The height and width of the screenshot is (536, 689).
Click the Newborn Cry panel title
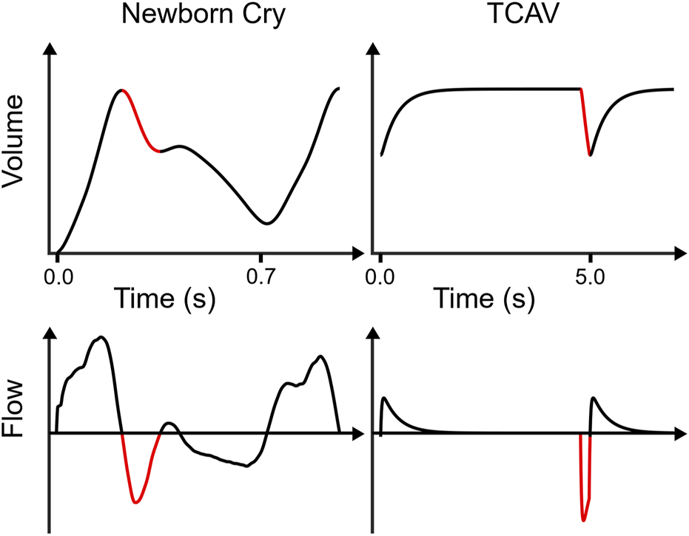point(203,17)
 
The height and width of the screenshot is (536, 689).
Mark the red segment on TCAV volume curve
point(585,122)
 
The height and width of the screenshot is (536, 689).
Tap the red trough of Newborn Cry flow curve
point(135,501)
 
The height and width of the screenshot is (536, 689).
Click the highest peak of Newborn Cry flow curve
point(102,338)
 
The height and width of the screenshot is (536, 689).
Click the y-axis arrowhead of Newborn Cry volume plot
point(50,48)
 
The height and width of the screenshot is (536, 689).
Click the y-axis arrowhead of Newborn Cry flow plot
point(50,335)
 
